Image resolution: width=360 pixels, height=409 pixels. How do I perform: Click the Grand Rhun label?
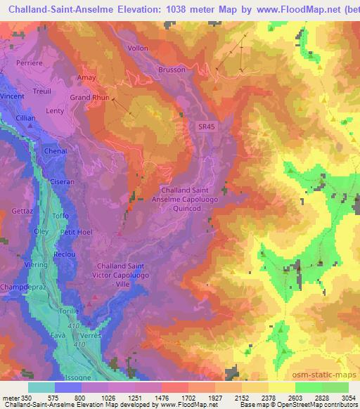click(x=89, y=97)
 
